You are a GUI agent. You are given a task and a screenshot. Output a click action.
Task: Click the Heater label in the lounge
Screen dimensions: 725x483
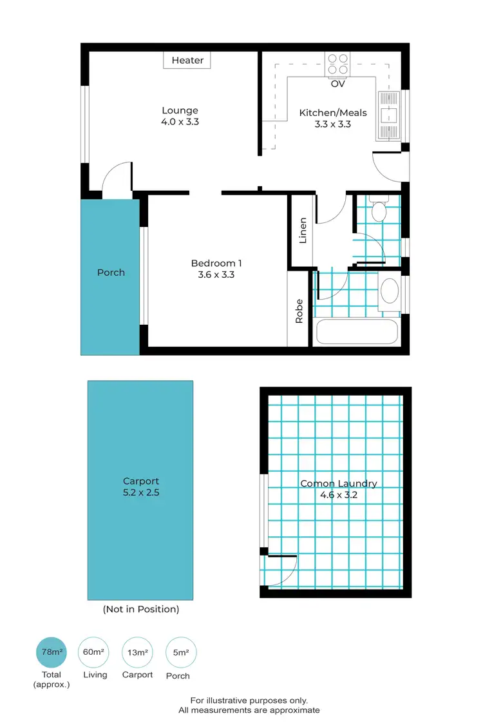pyautogui.click(x=187, y=61)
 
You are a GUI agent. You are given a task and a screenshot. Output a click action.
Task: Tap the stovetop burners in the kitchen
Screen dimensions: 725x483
pyautogui.click(x=337, y=63)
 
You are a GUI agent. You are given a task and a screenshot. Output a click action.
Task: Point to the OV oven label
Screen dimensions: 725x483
pyautogui.click(x=337, y=84)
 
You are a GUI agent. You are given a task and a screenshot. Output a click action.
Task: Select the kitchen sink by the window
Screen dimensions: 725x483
pyautogui.click(x=389, y=117)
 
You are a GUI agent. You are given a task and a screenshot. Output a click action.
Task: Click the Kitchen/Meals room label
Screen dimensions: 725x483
pyautogui.click(x=333, y=113)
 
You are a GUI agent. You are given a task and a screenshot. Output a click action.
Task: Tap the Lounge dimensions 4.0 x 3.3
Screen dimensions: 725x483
pyautogui.click(x=180, y=121)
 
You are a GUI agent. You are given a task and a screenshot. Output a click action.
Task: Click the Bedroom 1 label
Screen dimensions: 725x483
pyautogui.click(x=216, y=263)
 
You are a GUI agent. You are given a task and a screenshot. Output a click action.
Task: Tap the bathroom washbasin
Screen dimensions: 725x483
pyautogui.click(x=390, y=291)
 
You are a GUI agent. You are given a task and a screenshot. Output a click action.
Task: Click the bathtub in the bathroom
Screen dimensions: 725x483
pyautogui.click(x=357, y=333)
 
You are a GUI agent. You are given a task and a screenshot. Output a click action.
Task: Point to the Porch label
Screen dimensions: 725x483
pyautogui.click(x=111, y=273)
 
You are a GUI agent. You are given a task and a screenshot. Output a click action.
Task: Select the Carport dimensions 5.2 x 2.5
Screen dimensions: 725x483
pyautogui.click(x=141, y=493)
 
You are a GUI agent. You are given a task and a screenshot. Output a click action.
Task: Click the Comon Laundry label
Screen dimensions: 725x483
pyautogui.click(x=339, y=483)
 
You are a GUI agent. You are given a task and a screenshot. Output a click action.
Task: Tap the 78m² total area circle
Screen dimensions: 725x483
pyautogui.click(x=52, y=652)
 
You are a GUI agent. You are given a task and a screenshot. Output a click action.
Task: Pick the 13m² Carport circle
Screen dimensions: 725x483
pyautogui.click(x=137, y=652)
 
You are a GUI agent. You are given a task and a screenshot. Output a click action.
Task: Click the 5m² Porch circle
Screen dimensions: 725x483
pyautogui.click(x=180, y=652)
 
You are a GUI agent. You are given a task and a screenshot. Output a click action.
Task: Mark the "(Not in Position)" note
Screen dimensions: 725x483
pyautogui.click(x=141, y=609)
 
